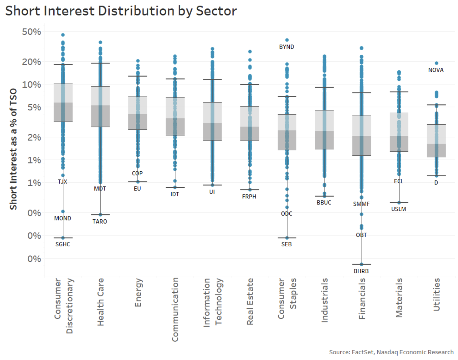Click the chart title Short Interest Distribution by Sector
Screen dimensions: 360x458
(x=121, y=11)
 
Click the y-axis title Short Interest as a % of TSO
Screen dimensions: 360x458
(x=13, y=149)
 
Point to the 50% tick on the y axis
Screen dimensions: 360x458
(x=31, y=32)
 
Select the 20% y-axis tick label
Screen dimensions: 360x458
(x=31, y=62)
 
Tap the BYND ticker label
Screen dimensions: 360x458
(x=286, y=47)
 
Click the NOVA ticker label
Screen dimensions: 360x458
(x=436, y=70)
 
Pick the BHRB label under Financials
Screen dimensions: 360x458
(x=361, y=271)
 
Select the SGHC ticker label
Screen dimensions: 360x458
(x=63, y=244)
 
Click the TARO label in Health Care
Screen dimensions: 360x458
(x=100, y=221)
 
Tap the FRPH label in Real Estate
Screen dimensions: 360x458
(x=249, y=197)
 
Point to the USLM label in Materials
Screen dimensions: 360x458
(x=398, y=209)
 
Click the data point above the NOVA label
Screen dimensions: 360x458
(x=436, y=63)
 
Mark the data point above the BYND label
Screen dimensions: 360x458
(x=287, y=40)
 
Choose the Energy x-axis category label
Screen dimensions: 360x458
(x=138, y=292)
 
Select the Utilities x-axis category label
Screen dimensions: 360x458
(x=436, y=294)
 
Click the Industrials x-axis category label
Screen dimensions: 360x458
(x=324, y=300)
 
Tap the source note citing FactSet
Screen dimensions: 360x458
(x=391, y=352)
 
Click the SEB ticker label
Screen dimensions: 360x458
(x=286, y=244)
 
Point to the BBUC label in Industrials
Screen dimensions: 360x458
(x=324, y=203)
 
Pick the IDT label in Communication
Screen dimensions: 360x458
(x=175, y=194)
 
